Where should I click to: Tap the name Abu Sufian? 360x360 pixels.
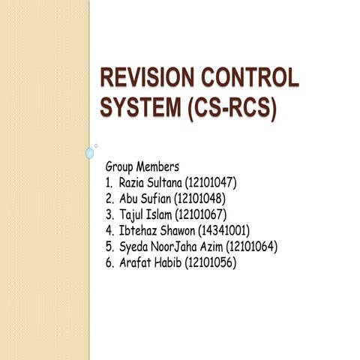(x=145, y=198)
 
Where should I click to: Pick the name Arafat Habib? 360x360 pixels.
(x=150, y=263)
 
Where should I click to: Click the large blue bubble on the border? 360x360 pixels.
(x=90, y=153)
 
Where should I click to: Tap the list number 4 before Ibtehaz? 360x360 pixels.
(x=109, y=230)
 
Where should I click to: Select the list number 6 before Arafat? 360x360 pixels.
(x=109, y=263)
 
